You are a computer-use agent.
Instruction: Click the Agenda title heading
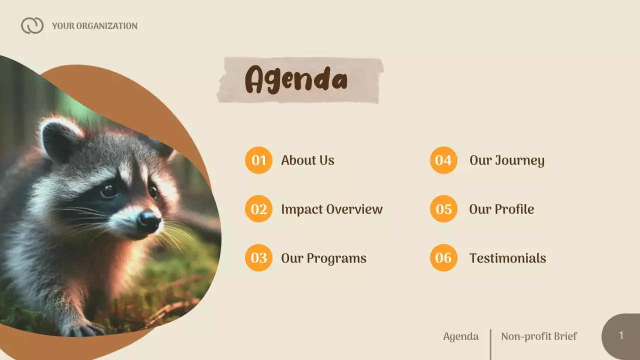[296, 79]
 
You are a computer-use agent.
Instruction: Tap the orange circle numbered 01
[258, 160]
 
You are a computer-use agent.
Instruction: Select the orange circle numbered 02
[258, 209]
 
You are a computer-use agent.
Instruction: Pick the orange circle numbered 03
[258, 258]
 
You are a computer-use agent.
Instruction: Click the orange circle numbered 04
[443, 160]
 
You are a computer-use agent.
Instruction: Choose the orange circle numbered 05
[443, 209]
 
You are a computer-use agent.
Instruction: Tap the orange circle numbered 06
[443, 258]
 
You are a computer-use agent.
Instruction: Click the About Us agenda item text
[307, 160]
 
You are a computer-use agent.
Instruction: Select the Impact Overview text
[331, 209]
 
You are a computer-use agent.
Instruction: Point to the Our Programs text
[323, 258]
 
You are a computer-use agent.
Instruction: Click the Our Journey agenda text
[506, 160]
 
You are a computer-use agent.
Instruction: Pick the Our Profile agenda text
[501, 209]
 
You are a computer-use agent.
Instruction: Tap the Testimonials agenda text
[507, 258]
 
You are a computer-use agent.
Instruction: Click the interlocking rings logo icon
[32, 25]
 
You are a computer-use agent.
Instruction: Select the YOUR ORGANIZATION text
[94, 26]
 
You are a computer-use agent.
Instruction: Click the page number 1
[621, 336]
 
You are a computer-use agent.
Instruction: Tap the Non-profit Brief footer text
[538, 336]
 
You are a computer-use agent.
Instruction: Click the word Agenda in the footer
[460, 336]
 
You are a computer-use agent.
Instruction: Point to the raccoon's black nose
[148, 220]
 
